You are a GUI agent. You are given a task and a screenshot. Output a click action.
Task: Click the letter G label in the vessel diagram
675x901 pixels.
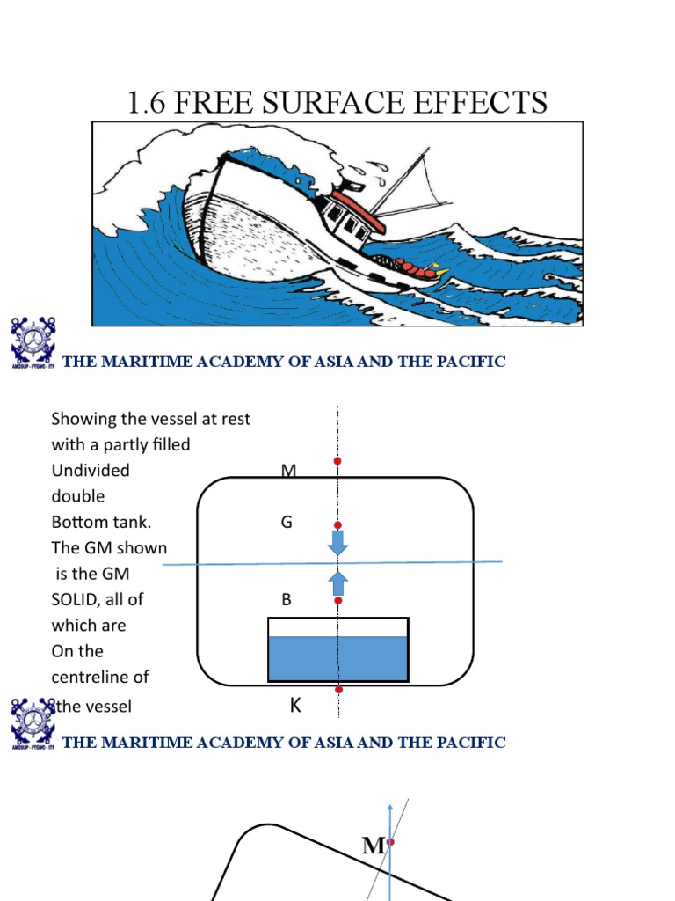point(286,523)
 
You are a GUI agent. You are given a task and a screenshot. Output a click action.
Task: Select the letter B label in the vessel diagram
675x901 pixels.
point(286,600)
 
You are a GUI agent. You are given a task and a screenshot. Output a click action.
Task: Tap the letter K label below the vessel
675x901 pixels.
point(295,706)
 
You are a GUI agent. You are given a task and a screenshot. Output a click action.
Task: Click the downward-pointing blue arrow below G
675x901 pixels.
point(337,543)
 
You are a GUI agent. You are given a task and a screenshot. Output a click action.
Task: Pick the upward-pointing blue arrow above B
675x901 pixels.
point(337,582)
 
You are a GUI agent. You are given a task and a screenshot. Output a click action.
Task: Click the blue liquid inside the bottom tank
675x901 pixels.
point(337,658)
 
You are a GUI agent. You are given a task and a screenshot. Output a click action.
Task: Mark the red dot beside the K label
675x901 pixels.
point(337,690)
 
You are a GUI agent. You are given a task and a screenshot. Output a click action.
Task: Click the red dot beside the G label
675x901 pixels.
point(337,525)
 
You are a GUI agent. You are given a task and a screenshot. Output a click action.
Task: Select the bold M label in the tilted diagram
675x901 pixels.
point(373,846)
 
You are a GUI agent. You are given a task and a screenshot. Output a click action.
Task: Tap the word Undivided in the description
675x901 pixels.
point(91,471)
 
